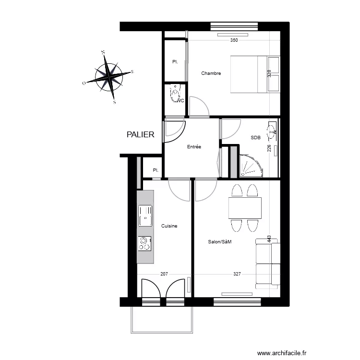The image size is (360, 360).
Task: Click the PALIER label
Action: pos(140,135)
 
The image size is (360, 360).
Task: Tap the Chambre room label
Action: pos(211,73)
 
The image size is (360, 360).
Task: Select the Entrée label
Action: pos(194,147)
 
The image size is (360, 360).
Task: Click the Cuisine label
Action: pos(169,226)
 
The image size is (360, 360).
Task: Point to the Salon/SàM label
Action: pos(219,242)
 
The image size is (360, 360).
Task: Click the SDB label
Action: pos(255,138)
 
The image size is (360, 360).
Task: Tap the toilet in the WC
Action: pos(175,94)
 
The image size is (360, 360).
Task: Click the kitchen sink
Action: pos(145,216)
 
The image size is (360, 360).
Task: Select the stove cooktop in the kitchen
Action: pos(144,244)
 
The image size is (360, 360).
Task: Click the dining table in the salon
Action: pos(245,208)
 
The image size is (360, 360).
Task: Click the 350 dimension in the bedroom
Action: pos(234,40)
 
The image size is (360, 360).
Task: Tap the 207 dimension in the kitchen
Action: pos(164,275)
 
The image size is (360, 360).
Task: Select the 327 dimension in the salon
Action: pos(237,275)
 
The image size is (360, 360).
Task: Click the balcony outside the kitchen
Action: pos(161,319)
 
